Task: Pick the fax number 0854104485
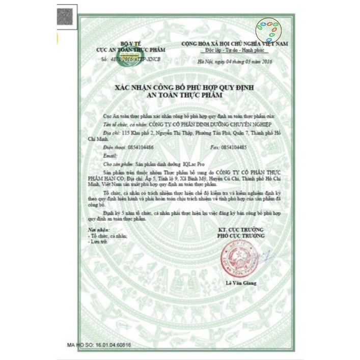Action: pyautogui.click(x=235, y=147)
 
